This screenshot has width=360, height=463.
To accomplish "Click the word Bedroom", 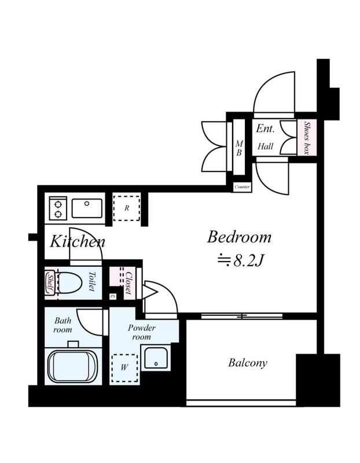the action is coord(239,237).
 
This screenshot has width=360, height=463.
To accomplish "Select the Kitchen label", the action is coord(78,241).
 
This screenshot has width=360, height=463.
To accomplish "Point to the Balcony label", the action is coord(248,363).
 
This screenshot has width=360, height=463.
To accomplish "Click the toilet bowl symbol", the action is coord(70,283).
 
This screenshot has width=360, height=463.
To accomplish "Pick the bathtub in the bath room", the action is coord(72,366).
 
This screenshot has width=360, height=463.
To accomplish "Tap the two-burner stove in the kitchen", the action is coord(58,208).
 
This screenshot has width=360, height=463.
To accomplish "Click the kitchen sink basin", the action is coord(87,208).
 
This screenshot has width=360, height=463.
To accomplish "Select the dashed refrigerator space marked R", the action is coord(127,208).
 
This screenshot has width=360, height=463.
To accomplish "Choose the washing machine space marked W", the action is coord(124,368).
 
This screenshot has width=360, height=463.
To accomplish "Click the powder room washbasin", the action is coord(156,358).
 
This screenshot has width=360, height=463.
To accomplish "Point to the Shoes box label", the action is coord(307,138).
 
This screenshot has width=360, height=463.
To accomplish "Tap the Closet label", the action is coord(128,282).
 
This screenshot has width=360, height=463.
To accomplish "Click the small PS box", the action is coord(113,296).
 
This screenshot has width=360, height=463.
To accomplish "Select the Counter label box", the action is coord(242,187).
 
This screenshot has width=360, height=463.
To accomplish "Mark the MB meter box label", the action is coord(239,148).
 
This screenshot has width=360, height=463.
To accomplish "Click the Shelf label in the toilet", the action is coord(50,283).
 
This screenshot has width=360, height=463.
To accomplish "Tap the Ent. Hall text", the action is coord(265,137).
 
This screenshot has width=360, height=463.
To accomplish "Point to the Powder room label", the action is coord(141,332).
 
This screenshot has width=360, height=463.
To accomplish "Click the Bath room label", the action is coord(63,325).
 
